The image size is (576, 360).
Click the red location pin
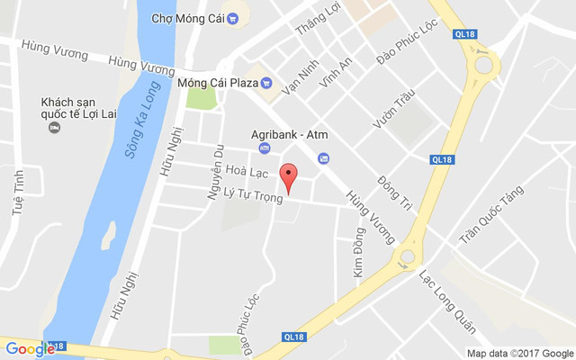point(288,177)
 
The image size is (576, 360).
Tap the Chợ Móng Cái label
point(187,17)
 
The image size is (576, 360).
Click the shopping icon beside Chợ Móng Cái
point(232,17)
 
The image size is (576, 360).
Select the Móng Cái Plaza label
point(218,83)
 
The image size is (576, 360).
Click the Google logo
point(30,349)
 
